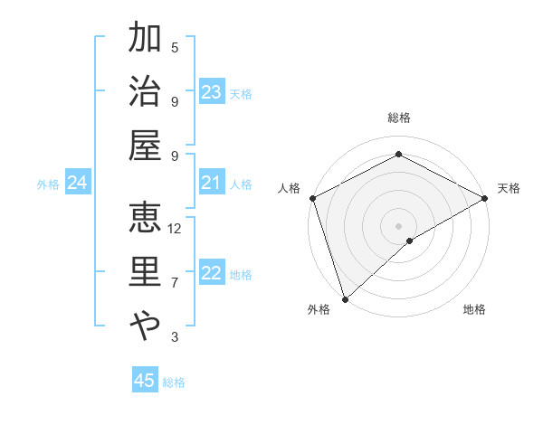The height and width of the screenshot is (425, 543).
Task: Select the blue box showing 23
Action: pyautogui.click(x=212, y=92)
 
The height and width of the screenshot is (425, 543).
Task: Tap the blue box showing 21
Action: pyautogui.click(x=212, y=184)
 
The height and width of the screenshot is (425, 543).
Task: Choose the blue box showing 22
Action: pyautogui.click(x=212, y=274)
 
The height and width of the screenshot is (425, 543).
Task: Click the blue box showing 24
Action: pyautogui.click(x=78, y=184)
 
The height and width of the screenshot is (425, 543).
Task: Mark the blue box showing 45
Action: pyautogui.click(x=145, y=381)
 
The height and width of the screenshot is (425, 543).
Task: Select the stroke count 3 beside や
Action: pyautogui.click(x=175, y=337)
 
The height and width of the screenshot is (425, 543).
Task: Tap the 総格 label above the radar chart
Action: pyautogui.click(x=399, y=118)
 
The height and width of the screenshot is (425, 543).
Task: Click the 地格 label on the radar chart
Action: pyautogui.click(x=474, y=309)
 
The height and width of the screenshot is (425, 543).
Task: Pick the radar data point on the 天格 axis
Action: pyautogui.click(x=485, y=198)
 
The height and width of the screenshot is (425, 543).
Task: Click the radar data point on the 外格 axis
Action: pyautogui.click(x=345, y=298)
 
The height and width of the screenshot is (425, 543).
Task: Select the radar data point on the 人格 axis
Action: pyautogui.click(x=312, y=198)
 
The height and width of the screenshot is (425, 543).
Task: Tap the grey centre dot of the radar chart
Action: pyautogui.click(x=398, y=225)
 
